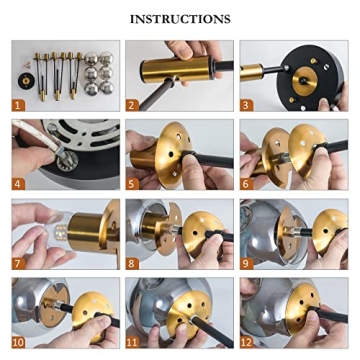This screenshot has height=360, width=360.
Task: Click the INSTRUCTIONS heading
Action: (180, 19)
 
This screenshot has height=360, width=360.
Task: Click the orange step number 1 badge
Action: (18, 105)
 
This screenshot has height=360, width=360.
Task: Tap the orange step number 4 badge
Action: (18, 184)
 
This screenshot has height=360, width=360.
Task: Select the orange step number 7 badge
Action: (18, 263)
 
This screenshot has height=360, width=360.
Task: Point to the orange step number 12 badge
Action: (248, 342)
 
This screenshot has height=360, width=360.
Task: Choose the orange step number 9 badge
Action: (246, 263)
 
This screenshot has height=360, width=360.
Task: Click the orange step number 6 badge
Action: (246, 184)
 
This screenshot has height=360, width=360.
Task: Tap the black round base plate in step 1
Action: (25, 81)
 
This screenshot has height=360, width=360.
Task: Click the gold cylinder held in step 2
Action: (177, 69)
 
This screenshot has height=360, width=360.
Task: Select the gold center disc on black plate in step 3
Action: (305, 81)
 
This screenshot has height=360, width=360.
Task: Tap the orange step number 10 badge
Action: (20, 342)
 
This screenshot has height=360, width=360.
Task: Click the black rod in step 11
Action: (213, 330)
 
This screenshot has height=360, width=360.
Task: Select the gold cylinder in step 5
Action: (144, 159)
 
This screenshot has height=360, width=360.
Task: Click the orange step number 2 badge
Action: (132, 105)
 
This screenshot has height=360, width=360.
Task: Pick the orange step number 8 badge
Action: (132, 263)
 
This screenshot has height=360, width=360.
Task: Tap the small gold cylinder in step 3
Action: (252, 72)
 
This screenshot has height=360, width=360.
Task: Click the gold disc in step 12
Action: (302, 308)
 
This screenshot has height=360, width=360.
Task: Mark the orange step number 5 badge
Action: (132, 184)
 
